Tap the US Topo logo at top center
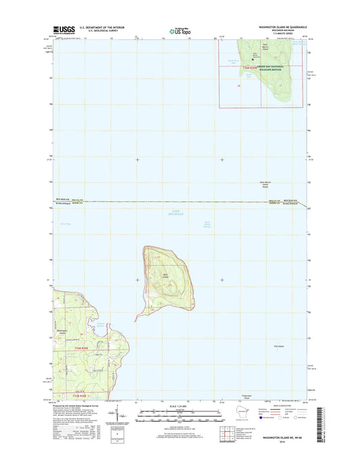pos(180,30)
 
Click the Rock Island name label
pos(165,274)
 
